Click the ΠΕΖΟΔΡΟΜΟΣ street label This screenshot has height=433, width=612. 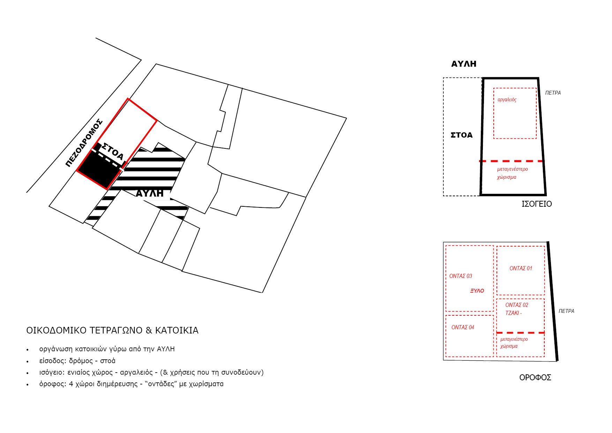(x=84, y=143)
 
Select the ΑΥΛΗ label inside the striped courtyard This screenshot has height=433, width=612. (x=149, y=193)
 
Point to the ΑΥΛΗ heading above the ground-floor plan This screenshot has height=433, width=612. (x=464, y=64)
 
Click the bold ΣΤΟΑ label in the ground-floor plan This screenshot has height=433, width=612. (x=462, y=135)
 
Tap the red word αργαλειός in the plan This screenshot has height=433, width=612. (x=507, y=100)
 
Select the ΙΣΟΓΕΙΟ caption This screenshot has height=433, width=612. (x=537, y=204)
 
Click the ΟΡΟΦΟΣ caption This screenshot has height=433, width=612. (x=535, y=377)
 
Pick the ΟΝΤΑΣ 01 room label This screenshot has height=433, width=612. (x=521, y=269)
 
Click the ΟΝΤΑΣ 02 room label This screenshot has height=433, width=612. (x=517, y=305)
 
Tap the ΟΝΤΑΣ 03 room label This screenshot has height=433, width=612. (x=461, y=276)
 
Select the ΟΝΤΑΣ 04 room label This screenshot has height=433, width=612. (x=463, y=328)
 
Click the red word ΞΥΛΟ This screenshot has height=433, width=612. (x=477, y=291)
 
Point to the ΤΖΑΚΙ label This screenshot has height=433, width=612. (x=513, y=313)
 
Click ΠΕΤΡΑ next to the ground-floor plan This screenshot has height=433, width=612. (x=553, y=93)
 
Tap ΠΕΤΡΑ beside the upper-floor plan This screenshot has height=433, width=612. (x=566, y=311)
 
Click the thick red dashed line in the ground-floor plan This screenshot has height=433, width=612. (x=512, y=161)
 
